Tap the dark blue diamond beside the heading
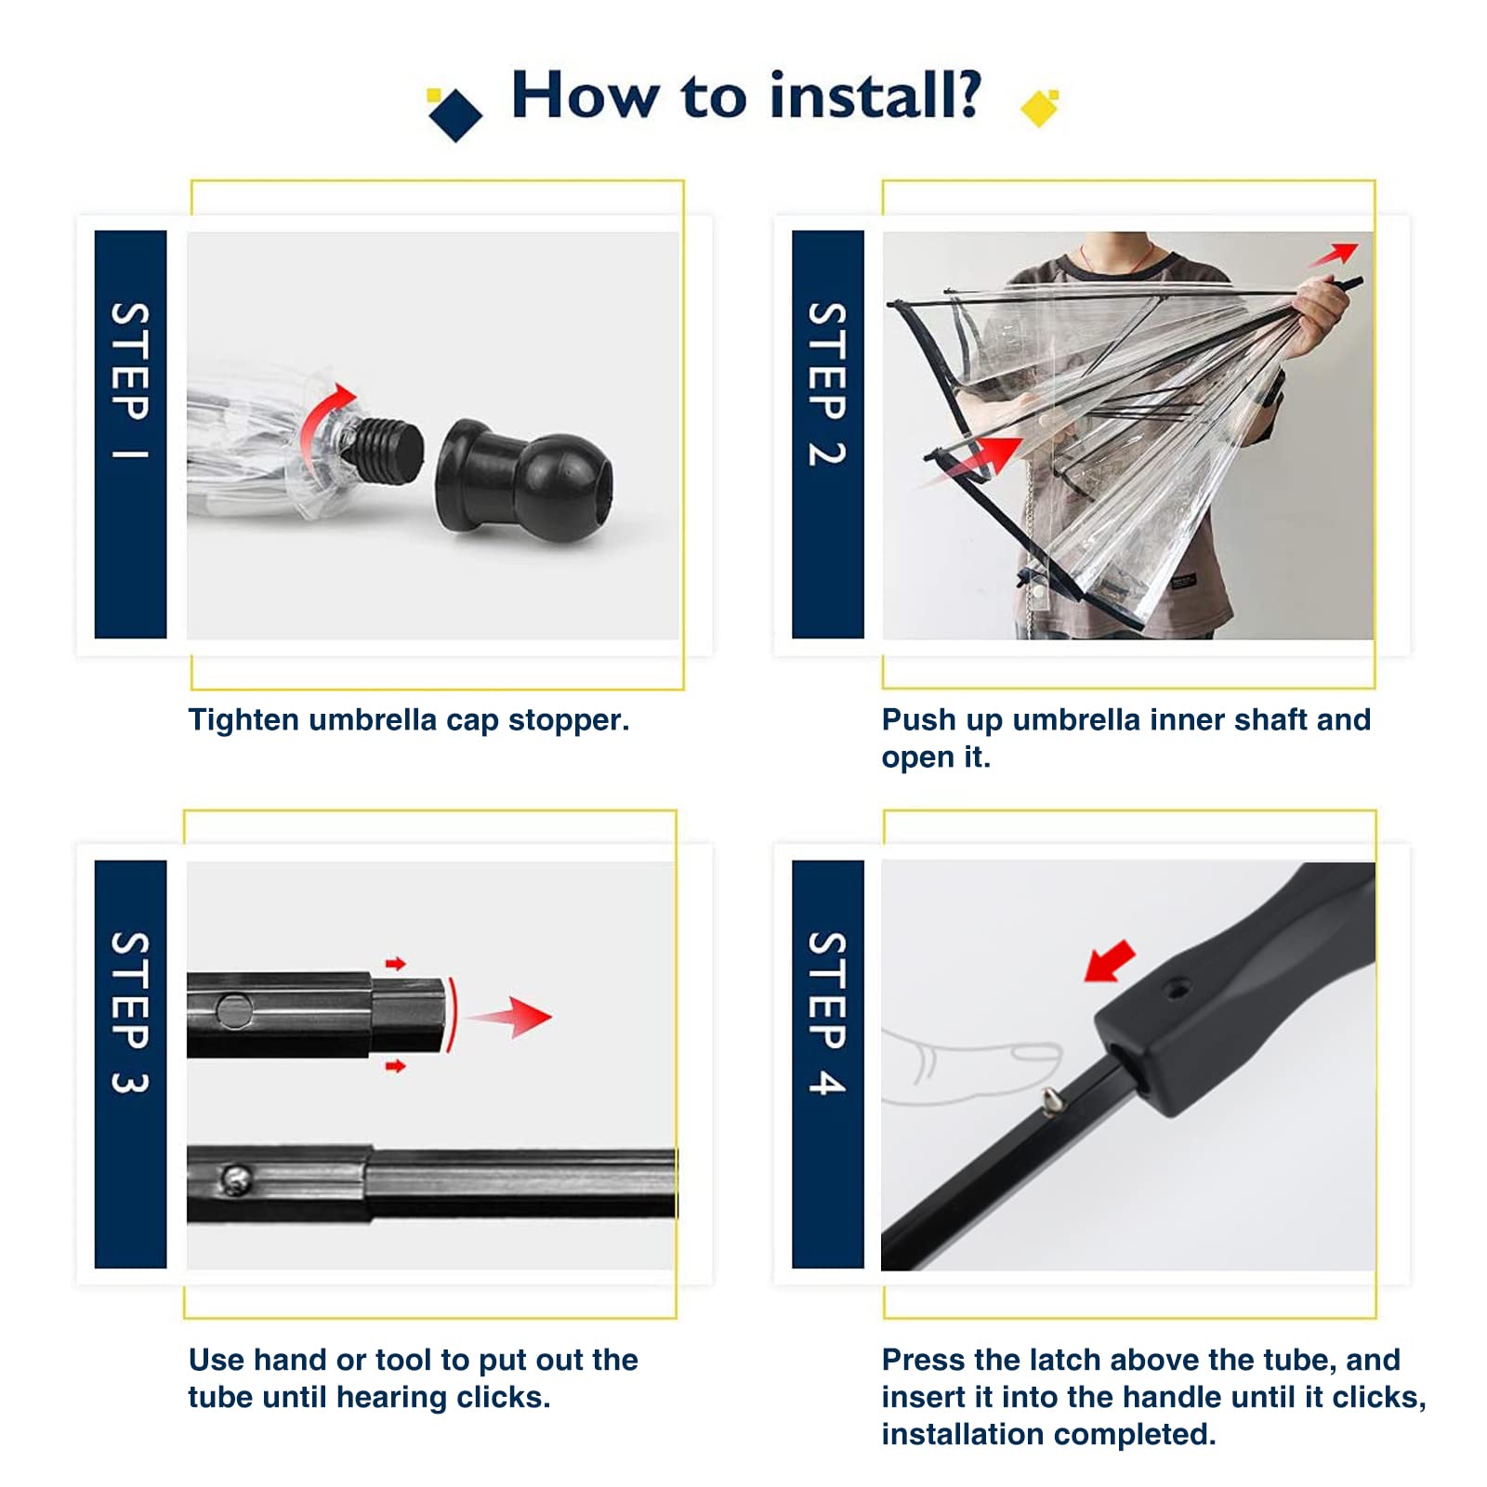455,114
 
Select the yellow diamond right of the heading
1039,109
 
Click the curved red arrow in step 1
321,418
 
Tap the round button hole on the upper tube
233,1011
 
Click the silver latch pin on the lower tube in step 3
236,1179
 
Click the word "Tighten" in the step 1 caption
243,720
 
